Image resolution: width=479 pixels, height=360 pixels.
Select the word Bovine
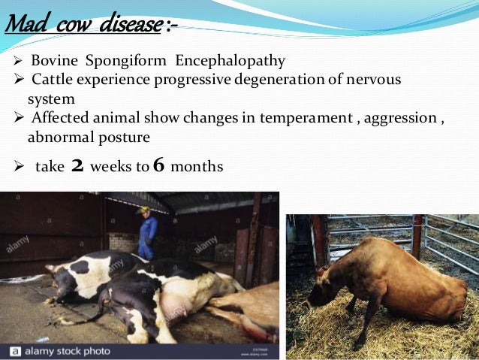click(51, 61)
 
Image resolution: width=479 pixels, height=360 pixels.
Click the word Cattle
click(53, 80)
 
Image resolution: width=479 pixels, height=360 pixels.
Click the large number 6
click(158, 165)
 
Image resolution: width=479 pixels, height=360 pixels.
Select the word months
click(197, 166)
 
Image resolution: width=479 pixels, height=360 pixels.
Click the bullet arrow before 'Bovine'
click(20, 61)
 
